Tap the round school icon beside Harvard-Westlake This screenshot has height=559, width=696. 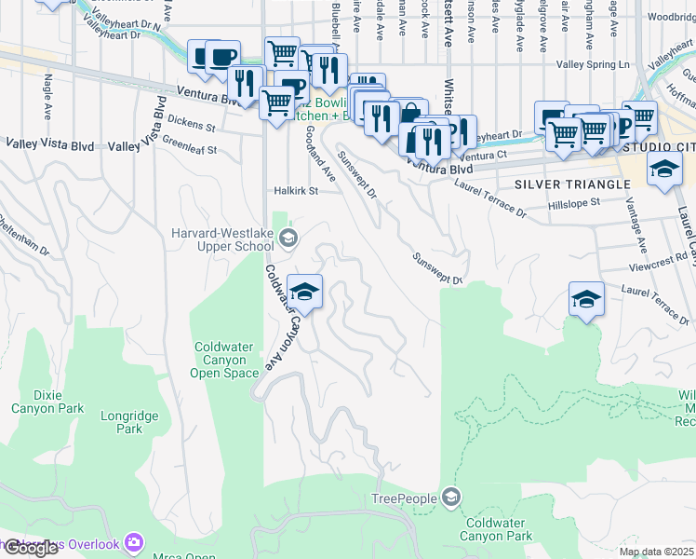(288, 239)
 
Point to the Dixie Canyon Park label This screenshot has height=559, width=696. (47, 401)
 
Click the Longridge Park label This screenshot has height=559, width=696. (129, 423)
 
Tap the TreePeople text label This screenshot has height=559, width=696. (404, 498)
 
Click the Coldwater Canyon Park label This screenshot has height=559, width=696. (499, 529)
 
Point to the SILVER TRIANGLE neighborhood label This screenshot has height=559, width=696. (572, 184)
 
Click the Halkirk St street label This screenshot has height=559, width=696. (296, 191)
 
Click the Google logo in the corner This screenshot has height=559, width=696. (31, 548)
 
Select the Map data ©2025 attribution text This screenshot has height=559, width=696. (656, 552)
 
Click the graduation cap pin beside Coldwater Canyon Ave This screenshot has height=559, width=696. (304, 293)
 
